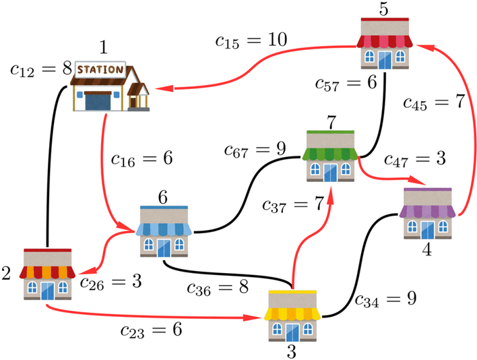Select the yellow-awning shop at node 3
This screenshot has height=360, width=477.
click(292, 316)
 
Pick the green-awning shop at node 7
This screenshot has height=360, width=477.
click(331, 156)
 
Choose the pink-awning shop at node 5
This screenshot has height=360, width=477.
click(385, 43)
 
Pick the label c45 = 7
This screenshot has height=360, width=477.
click(434, 102)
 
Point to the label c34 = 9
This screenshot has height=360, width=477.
click(386, 298)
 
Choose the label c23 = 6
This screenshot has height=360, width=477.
click(152, 330)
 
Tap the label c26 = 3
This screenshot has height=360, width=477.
click(110, 281)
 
